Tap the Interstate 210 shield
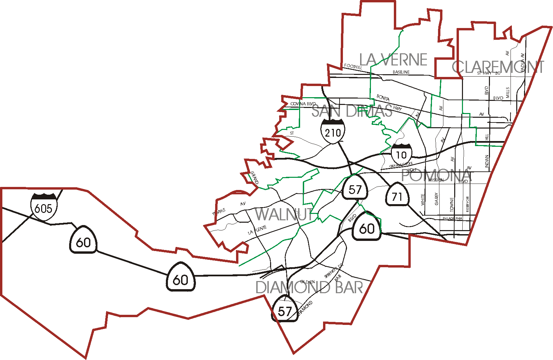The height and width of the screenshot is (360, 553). pyautogui.click(x=333, y=131)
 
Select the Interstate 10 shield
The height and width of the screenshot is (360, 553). pyautogui.click(x=401, y=154)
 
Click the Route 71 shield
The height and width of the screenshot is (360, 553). pyautogui.click(x=397, y=196)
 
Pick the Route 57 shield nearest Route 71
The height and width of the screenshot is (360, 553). pyautogui.click(x=355, y=189)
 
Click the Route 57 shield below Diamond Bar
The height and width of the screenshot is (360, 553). pyautogui.click(x=285, y=310)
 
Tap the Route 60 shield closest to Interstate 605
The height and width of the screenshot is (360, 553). pyautogui.click(x=83, y=241)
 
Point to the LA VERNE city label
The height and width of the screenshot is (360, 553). pyautogui.click(x=393, y=60)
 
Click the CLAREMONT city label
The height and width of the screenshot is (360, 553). pyautogui.click(x=498, y=67)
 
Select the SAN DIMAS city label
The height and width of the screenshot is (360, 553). pyautogui.click(x=352, y=111)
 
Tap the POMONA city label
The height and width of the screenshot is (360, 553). pyautogui.click(x=436, y=175)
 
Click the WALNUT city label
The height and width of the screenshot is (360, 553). pyautogui.click(x=284, y=215)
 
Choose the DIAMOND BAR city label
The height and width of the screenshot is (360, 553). pyautogui.click(x=309, y=287)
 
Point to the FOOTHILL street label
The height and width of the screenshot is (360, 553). pyautogui.click(x=353, y=67)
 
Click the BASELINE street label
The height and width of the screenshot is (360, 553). pyautogui.click(x=401, y=72)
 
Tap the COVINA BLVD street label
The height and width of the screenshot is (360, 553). pyautogui.click(x=303, y=104)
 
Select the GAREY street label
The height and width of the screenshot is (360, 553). pyautogui.click(x=437, y=199)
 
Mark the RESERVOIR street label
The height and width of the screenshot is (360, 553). pyautogui.click(x=467, y=204)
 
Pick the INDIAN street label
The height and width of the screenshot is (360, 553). pyautogui.click(x=487, y=161)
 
